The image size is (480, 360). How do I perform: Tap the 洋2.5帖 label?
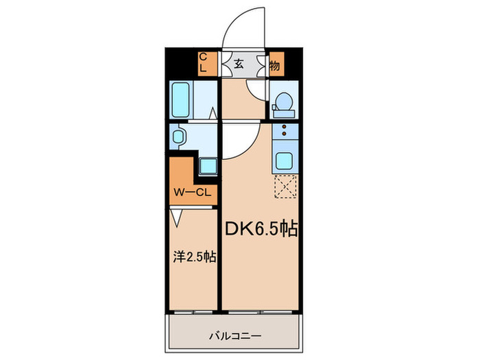click(193, 258)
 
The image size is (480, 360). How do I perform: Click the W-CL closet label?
click(191, 192)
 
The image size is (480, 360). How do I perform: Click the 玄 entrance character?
click(239, 64)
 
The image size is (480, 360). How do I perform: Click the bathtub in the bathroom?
click(182, 101)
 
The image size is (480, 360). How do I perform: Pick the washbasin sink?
click(178, 137)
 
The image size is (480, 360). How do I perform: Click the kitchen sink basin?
click(283, 162)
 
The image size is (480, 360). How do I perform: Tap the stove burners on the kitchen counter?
click(283, 134)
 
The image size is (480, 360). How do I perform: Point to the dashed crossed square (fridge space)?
click(283, 187)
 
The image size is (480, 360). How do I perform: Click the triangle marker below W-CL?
click(178, 217)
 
